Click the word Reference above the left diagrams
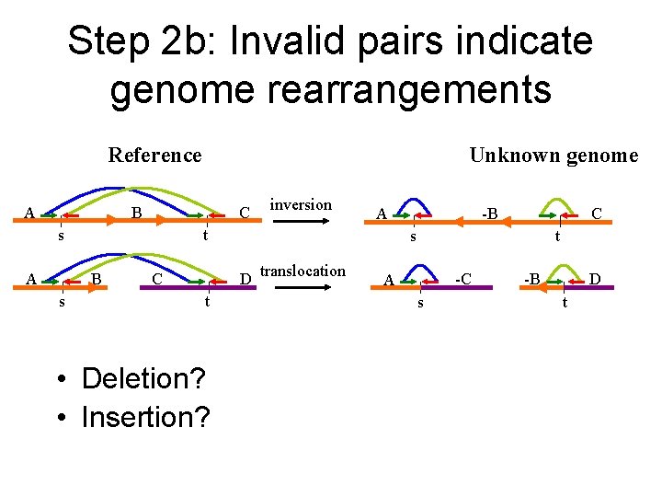pos(154,155)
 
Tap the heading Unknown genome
pos(553,155)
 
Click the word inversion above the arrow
pos(301,204)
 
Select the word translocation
pos(303,271)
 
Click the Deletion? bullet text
pos(143,378)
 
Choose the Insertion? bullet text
pos(145,417)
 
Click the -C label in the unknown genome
pos(465,278)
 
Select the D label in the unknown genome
pos(596,278)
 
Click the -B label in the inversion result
pos(489,214)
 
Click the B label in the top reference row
pos(135,214)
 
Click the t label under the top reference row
pos(208,236)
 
